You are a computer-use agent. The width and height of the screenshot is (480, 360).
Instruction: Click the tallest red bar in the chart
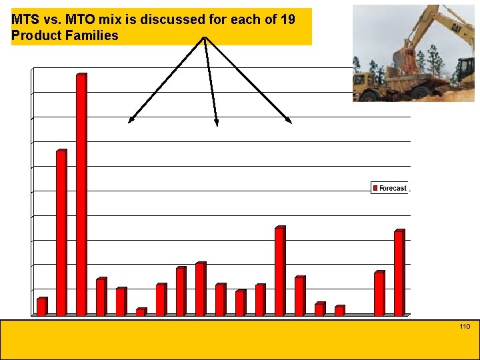81,194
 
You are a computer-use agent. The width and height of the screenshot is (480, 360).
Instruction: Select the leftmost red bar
41,306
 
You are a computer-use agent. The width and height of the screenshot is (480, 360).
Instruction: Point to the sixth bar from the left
141,311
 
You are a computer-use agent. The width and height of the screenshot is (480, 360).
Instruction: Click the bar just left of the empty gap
339,310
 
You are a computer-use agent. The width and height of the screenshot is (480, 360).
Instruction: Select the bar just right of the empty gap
379,293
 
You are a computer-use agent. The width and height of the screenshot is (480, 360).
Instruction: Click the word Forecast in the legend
393,189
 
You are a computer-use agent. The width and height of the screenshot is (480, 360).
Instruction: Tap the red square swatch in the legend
375,189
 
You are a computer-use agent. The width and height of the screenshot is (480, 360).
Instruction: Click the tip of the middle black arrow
217,124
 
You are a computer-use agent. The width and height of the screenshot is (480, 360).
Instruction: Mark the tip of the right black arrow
291,122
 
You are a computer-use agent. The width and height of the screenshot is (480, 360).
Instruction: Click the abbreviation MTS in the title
25,19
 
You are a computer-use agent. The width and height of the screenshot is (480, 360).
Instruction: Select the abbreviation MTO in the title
81,19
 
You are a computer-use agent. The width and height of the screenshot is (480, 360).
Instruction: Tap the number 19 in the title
287,19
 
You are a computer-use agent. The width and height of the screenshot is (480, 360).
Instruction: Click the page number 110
465,326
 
